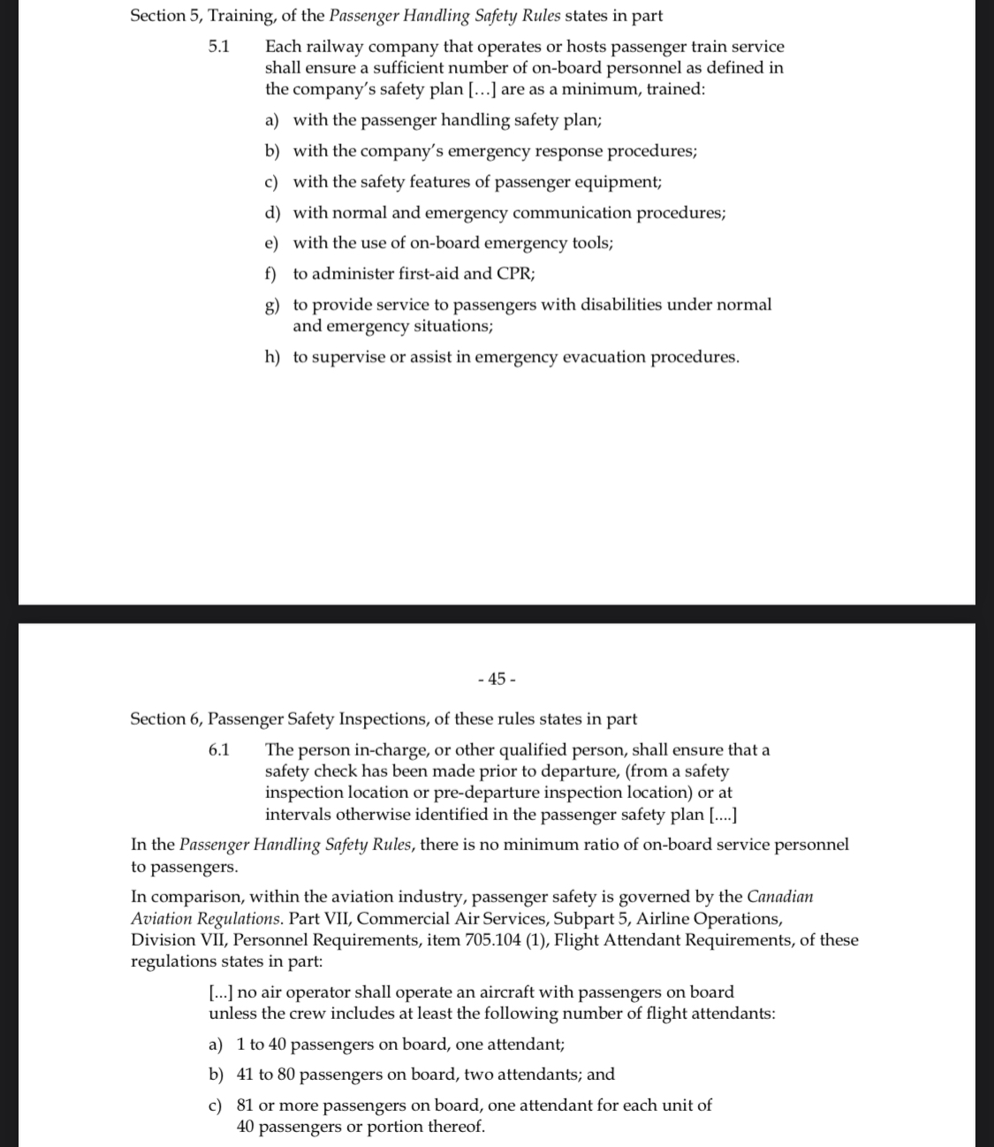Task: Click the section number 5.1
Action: coord(219,46)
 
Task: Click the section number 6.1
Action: coord(219,750)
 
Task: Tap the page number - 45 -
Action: coord(497,679)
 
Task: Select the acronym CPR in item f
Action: coord(514,273)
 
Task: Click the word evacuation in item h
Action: coord(603,357)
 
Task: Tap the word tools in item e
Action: coord(590,242)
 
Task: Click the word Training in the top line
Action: coord(239,16)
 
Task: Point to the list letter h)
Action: coord(272,357)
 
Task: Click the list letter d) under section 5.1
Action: coord(272,213)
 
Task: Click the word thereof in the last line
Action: coord(456,1127)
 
